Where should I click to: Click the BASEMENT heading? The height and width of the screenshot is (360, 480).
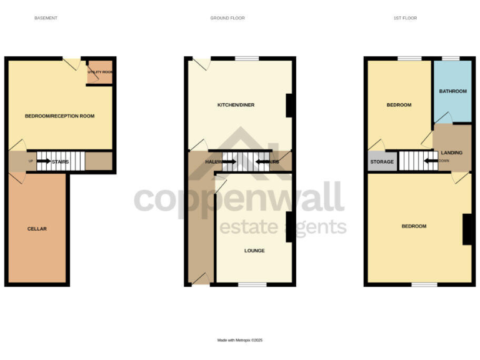[46, 18]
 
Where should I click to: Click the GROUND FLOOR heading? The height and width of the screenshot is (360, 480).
[227, 18]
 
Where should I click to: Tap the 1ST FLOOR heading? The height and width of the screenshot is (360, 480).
[405, 18]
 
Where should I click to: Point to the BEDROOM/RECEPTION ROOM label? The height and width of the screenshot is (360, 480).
[59, 116]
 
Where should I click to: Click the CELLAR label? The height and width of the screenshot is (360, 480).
[37, 229]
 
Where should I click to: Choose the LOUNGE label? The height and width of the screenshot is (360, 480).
[254, 251]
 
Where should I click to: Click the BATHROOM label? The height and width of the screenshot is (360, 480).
[452, 91]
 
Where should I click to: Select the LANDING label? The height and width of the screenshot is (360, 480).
[451, 152]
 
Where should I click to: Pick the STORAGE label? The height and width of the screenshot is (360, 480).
[382, 162]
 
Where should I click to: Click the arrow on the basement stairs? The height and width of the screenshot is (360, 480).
[43, 161]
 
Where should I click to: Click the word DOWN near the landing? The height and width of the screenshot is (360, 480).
[444, 161]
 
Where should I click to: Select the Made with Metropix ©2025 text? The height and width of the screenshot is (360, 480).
[240, 340]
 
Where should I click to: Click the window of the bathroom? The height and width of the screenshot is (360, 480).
[451, 59]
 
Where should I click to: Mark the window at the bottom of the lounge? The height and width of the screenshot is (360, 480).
[249, 285]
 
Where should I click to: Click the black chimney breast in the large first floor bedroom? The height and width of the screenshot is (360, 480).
[466, 229]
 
